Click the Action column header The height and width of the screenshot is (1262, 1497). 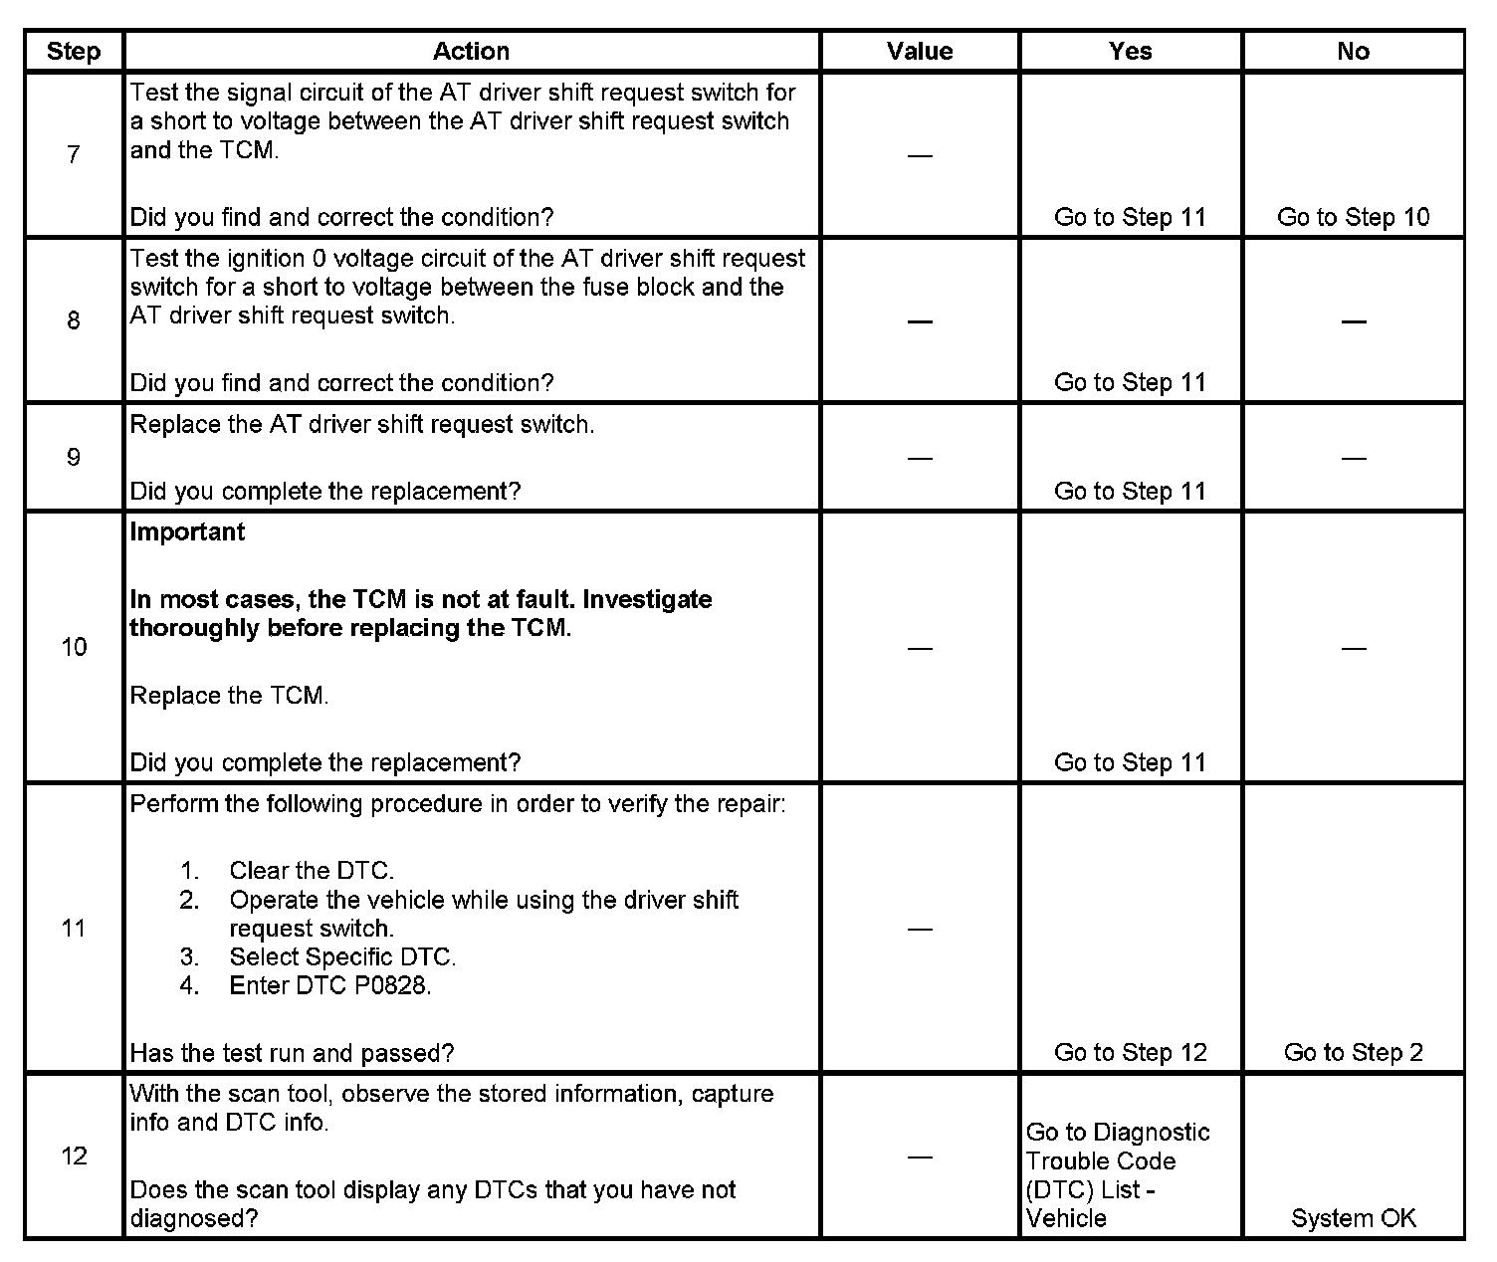pyautogui.click(x=471, y=51)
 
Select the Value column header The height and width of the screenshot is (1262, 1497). pyautogui.click(x=920, y=51)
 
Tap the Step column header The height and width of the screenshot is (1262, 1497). pyautogui.click(x=74, y=51)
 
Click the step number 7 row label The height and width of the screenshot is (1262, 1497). pyautogui.click(x=74, y=154)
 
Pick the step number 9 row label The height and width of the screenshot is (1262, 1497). pyautogui.click(x=74, y=458)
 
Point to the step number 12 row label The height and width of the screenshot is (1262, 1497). pyautogui.click(x=74, y=1156)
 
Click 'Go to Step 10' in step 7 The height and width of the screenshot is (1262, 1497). pyautogui.click(x=1353, y=217)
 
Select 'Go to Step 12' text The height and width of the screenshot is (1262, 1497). pyautogui.click(x=1130, y=1052)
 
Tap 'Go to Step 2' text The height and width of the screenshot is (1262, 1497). pyautogui.click(x=1353, y=1052)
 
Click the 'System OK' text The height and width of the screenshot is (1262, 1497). pyautogui.click(x=1353, y=1218)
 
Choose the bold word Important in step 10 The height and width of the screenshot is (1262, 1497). pyautogui.click(x=187, y=532)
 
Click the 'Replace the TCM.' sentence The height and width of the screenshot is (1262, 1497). pyautogui.click(x=229, y=696)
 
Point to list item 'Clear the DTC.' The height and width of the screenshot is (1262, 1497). pyautogui.click(x=312, y=871)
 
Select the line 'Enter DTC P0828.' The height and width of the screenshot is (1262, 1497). pyautogui.click(x=330, y=985)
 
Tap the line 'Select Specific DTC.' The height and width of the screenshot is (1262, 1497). pyautogui.click(x=342, y=957)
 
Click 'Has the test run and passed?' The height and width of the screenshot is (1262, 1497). pyautogui.click(x=292, y=1052)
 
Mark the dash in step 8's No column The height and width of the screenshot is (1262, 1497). pyautogui.click(x=1353, y=321)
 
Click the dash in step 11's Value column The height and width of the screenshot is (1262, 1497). pyautogui.click(x=920, y=930)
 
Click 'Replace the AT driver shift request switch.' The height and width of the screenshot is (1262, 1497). pyautogui.click(x=361, y=425)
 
